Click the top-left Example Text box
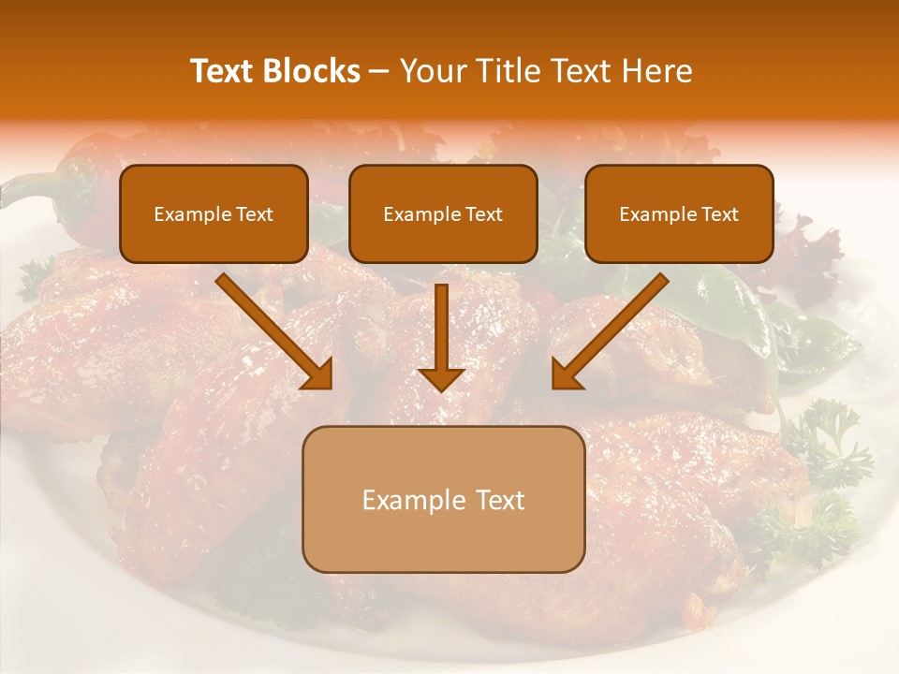[x=214, y=214]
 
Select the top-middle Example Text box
[x=443, y=214]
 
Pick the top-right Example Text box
[x=679, y=214]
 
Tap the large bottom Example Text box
[x=443, y=499]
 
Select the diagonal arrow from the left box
[x=272, y=328]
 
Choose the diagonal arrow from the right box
[x=613, y=328]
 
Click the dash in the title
[x=379, y=72]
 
